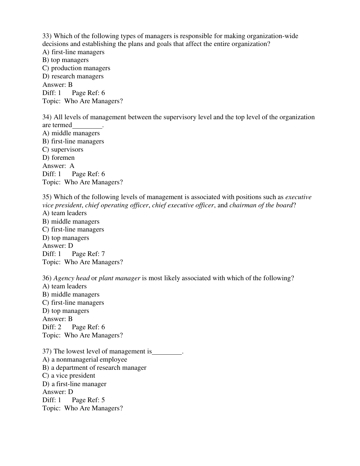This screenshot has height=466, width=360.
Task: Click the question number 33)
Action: point(47,36)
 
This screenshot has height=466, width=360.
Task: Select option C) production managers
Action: point(76,68)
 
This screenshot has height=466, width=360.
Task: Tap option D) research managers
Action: point(73,76)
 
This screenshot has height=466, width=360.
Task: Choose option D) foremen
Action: point(58,158)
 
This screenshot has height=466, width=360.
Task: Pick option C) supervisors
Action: point(63,149)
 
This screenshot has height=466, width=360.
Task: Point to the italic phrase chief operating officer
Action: point(117,205)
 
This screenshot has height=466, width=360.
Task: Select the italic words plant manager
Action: point(119,278)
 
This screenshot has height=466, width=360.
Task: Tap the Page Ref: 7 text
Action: point(88,254)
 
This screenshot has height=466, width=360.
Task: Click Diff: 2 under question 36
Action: point(52,327)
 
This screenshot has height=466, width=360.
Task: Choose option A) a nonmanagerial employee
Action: point(85,359)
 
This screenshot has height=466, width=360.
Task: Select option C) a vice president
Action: point(69,376)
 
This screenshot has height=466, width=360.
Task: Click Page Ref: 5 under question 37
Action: point(88,400)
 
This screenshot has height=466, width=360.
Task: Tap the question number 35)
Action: point(47,197)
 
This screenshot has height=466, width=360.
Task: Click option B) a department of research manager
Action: point(94,368)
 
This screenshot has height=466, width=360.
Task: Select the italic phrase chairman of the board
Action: point(261,205)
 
